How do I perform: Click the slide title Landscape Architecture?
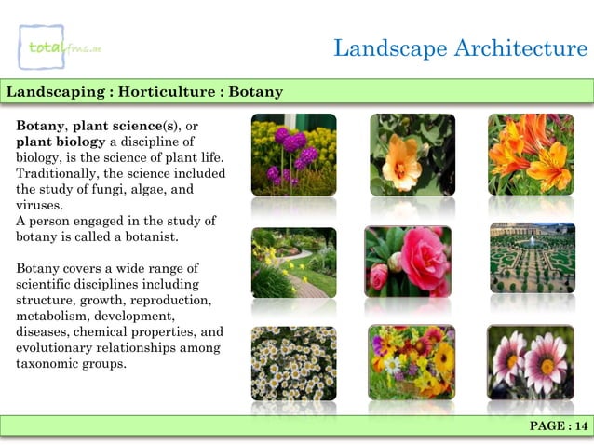coord(461,47)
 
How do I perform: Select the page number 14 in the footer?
coord(559,426)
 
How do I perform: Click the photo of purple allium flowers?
coord(293,154)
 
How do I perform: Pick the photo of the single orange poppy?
coord(412,154)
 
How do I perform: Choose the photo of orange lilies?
coord(531,154)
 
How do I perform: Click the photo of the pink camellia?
coord(407,262)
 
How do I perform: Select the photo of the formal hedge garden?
coord(531,258)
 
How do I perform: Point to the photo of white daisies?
coord(293,362)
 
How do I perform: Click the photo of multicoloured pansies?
coord(412,362)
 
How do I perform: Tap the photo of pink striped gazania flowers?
coord(531,362)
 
